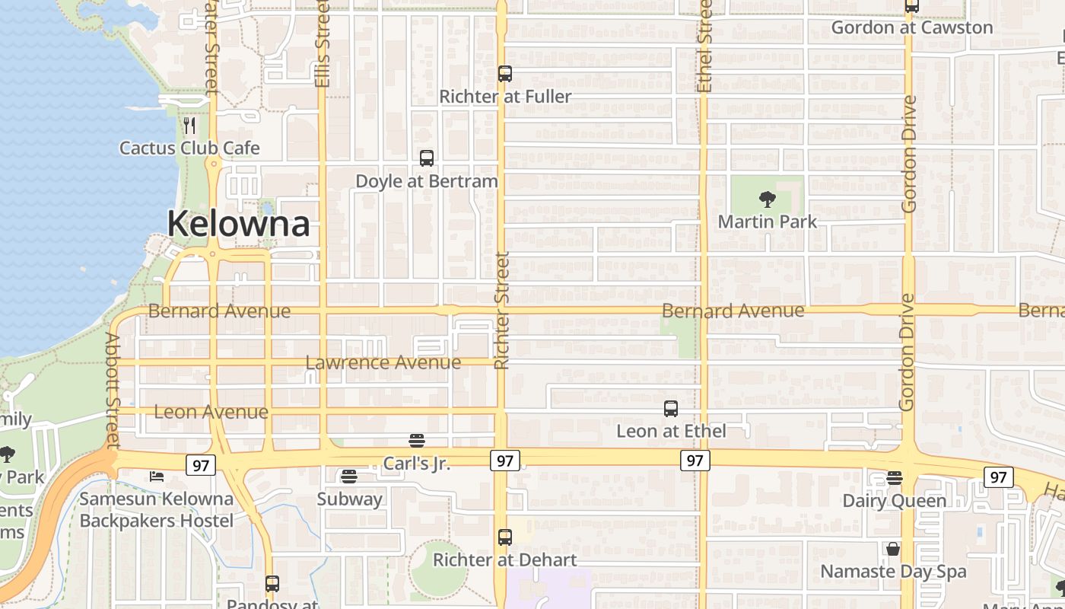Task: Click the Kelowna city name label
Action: pos(238,224)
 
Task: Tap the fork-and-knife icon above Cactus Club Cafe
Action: pos(190,126)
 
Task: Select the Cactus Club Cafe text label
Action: pos(189,148)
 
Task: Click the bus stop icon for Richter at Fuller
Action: pos(505,74)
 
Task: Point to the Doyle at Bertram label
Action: pos(427,181)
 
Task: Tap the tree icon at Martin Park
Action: pos(768,199)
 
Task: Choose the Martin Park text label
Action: pos(768,222)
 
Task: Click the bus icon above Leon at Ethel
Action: pos(671,409)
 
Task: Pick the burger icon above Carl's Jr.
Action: pos(416,440)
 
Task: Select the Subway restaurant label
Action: pos(349,499)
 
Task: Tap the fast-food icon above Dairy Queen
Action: pos(895,478)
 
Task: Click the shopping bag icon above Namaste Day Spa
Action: pos(893,549)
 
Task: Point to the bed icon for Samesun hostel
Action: pos(157,477)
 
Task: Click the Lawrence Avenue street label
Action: pos(383,362)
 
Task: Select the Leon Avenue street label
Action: pos(211,412)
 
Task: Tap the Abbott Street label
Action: pos(113,390)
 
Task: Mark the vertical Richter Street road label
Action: pos(501,311)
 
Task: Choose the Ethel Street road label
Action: pos(704,46)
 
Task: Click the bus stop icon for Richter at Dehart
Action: pos(505,537)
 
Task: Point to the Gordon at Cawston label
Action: pos(911,27)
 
